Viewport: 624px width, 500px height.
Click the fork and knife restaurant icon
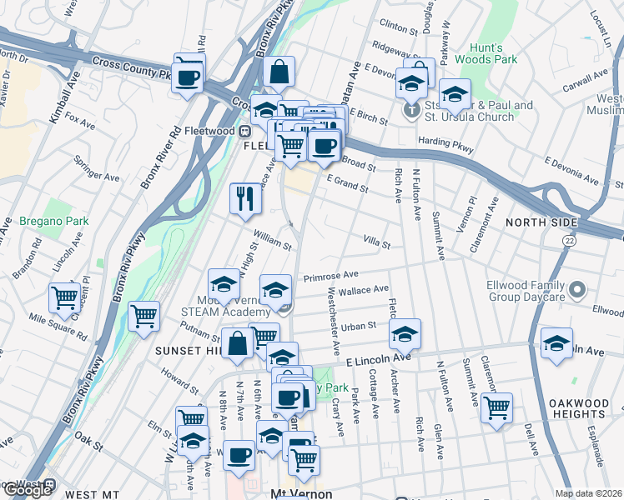coord(245,198)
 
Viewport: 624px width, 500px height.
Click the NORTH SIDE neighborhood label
coord(541,222)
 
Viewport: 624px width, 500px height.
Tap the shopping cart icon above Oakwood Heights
coord(496,408)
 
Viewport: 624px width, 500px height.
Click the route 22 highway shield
coord(568,240)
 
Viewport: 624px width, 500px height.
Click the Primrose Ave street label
coord(330,274)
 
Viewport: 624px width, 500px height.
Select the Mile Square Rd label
coord(58,323)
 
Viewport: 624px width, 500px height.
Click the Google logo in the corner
coord(27,489)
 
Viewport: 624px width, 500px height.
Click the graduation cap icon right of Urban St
coord(405,334)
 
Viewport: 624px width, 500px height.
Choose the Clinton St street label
coord(398,29)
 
